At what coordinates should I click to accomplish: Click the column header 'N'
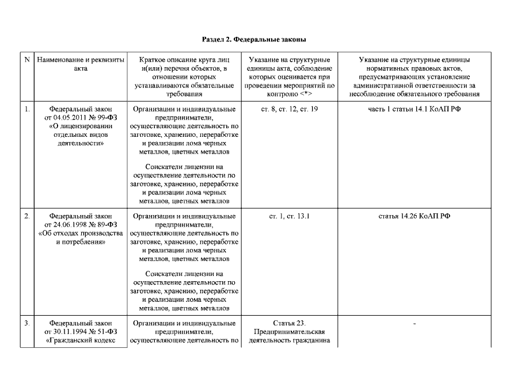pyautogui.click(x=28, y=59)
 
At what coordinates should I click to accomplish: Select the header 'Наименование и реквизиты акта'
pyautogui.click(x=81, y=64)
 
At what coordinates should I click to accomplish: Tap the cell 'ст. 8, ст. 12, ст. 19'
pyautogui.click(x=290, y=109)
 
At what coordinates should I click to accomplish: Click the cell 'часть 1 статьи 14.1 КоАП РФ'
pyautogui.click(x=414, y=109)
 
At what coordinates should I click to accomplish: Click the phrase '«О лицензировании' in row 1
pyautogui.click(x=81, y=126)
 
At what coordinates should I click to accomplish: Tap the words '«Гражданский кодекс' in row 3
pyautogui.click(x=81, y=340)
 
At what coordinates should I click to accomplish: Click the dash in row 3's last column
pyautogui.click(x=414, y=324)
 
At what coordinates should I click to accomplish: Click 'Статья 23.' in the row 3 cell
pyautogui.click(x=290, y=323)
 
